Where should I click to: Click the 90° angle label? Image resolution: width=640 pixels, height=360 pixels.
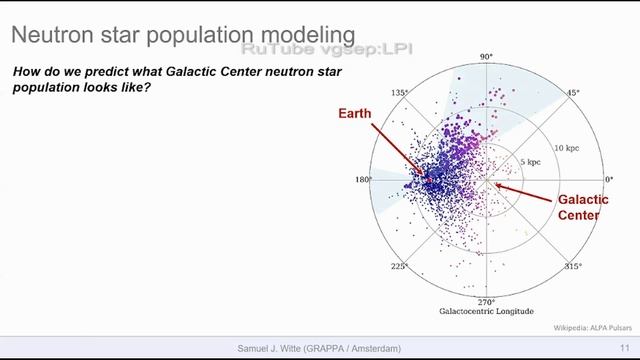pyautogui.click(x=487, y=57)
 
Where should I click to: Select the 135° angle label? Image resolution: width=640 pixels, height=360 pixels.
pyautogui.click(x=399, y=93)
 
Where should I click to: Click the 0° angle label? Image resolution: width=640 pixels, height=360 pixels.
pyautogui.click(x=608, y=180)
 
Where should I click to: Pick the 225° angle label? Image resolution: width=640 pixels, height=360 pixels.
pyautogui.click(x=399, y=267)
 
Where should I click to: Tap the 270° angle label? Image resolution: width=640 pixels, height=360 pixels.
pyautogui.click(x=487, y=301)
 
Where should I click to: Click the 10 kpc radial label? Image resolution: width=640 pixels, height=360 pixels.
pyautogui.click(x=567, y=147)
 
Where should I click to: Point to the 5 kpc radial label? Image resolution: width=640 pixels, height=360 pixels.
pyautogui.click(x=529, y=161)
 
